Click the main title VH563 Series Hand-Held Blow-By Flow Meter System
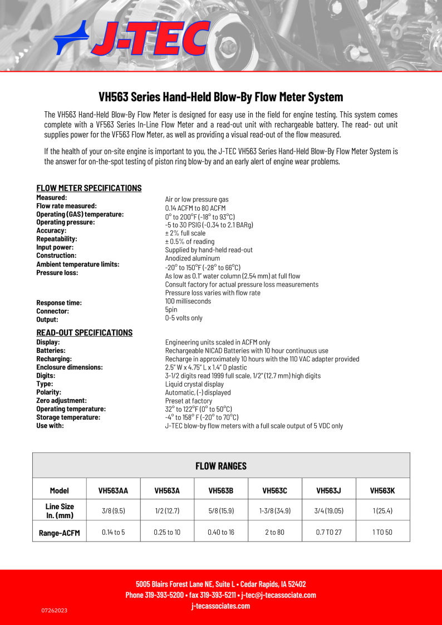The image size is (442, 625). tap(221, 97)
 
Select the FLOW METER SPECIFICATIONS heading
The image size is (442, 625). tap(89, 188)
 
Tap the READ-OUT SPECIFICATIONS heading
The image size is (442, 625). tap(85, 333)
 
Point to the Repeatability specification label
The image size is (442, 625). tap(57, 239)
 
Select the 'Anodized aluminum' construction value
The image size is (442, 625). tap(193, 258)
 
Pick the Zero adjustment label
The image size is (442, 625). tap(61, 401)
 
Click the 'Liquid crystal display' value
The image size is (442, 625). tap(194, 384)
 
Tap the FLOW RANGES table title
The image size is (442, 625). tap(221, 466)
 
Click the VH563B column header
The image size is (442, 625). tap(221, 491)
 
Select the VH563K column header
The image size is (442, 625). tap(382, 491)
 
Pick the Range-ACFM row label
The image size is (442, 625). tap(60, 533)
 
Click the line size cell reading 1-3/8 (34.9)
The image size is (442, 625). tap(275, 510)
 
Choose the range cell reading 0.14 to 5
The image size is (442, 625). tap(114, 533)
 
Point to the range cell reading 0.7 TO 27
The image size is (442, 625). tap(328, 533)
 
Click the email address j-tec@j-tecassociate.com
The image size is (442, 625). tap(279, 595)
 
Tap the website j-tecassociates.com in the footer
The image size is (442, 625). tap(221, 606)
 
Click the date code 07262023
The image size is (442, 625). tap(55, 611)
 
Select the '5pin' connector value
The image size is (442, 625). tap(171, 309)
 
